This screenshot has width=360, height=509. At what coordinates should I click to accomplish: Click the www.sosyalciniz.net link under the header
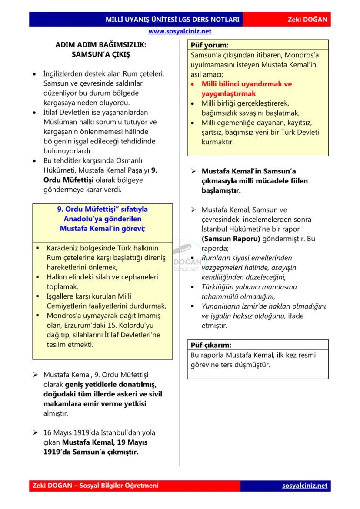coord(180,31)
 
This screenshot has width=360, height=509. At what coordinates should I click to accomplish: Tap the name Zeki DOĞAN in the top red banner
coord(307,20)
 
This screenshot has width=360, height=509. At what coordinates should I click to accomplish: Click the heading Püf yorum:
coord(210,45)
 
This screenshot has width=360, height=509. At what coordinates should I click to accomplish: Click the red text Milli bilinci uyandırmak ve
coord(247,84)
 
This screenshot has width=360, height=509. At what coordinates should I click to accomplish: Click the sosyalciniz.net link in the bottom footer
coord(304,486)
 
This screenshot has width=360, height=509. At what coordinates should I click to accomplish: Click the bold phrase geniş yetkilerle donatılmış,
coord(111,385)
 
